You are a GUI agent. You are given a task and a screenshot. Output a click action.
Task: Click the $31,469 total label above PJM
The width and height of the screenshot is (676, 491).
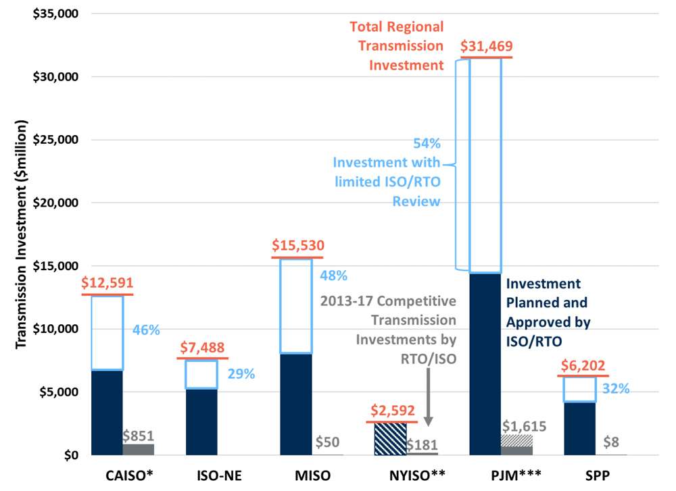[x=486, y=47]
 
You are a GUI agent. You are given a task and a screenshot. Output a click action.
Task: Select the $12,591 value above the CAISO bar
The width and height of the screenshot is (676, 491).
[x=107, y=284]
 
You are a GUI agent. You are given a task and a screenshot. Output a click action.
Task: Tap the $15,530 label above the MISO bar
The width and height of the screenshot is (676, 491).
[x=297, y=247]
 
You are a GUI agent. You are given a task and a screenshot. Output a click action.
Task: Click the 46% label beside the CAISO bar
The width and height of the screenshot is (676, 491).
[x=146, y=330]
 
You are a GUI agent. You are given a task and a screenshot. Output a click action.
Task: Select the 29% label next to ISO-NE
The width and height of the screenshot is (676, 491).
[x=241, y=373]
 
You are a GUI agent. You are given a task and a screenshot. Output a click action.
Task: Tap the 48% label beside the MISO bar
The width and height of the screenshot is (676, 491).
[x=333, y=276]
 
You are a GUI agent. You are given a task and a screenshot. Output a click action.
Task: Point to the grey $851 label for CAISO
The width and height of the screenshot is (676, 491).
[x=138, y=435]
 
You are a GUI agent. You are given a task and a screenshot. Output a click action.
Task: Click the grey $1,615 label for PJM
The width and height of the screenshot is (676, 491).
[x=525, y=426]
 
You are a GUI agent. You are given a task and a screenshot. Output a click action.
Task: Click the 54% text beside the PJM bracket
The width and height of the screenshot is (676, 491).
[x=427, y=143]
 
